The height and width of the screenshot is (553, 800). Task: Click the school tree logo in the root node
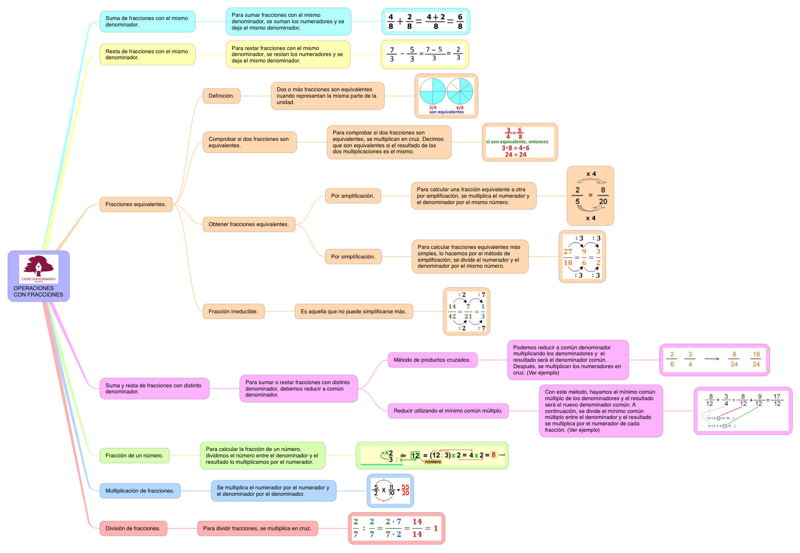[x=38, y=268]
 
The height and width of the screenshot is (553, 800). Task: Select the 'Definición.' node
[x=221, y=96]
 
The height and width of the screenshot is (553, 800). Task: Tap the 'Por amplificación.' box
[x=353, y=196]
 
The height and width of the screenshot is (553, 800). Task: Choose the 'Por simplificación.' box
[x=353, y=257]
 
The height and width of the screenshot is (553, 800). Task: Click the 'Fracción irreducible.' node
[x=233, y=312]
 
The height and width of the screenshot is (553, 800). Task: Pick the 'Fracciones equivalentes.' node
[x=136, y=204]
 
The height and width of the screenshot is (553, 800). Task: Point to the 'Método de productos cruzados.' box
[x=432, y=360]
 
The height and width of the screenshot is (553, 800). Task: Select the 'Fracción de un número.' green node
[x=134, y=456]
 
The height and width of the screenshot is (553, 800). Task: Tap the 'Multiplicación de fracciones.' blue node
[x=140, y=491]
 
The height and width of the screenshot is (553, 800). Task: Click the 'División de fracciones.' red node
[x=133, y=529]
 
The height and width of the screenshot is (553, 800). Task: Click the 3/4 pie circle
[x=432, y=91]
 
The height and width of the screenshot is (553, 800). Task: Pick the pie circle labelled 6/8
[x=460, y=91]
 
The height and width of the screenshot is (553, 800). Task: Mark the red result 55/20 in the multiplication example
[x=405, y=490]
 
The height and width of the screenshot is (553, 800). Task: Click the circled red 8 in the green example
[x=494, y=455]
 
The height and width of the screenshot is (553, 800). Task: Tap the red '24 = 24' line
[x=516, y=155]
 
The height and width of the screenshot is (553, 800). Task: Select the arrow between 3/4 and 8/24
[x=712, y=359]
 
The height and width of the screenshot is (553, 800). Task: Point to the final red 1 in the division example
[x=436, y=529]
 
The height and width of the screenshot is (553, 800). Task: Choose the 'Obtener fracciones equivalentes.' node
[x=248, y=224]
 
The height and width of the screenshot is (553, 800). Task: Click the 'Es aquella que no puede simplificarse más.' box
[x=354, y=312]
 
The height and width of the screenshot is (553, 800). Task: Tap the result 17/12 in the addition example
[x=777, y=400]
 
